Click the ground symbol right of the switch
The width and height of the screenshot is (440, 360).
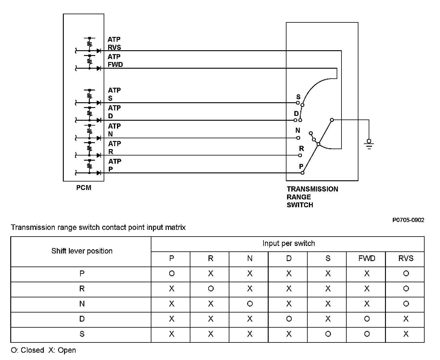coord(369,143)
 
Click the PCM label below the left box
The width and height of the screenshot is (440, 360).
coord(84,188)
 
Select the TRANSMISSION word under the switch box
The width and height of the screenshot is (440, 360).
coord(312,189)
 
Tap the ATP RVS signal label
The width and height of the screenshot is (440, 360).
coord(114,43)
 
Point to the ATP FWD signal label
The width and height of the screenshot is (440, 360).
coord(115,61)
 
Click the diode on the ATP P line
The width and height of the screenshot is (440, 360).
coord(99,173)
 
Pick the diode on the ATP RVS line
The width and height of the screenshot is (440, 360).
coord(99,51)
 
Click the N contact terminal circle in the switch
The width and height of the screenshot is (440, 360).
coord(298,138)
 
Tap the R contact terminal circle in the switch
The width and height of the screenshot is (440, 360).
coord(300,155)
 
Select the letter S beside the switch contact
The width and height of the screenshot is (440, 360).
coord(298,97)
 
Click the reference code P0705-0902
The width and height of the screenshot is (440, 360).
coord(408,220)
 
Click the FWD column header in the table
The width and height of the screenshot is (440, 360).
coord(367,259)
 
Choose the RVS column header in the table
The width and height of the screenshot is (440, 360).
coord(406,259)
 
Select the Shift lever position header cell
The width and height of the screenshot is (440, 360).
coord(82,251)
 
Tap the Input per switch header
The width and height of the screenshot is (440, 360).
coord(289,244)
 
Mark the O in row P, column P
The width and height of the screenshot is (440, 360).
coord(172,274)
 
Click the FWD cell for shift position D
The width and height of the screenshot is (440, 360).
coord(367,319)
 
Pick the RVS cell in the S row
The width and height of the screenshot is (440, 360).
coord(406,334)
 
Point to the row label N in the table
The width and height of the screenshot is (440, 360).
coord(82,304)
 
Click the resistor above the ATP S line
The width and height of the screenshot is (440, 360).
coord(89,96)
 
